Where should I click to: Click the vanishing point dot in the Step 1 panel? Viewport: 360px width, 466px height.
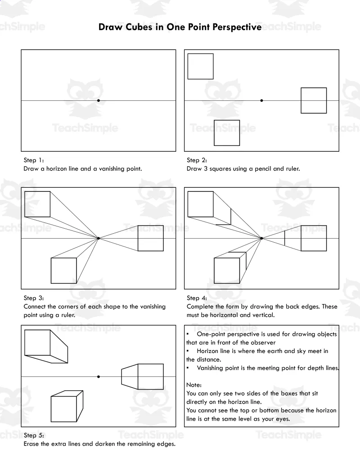point(99,100)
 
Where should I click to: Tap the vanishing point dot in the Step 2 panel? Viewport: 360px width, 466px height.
point(261,100)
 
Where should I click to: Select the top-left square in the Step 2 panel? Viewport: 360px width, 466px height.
point(200,66)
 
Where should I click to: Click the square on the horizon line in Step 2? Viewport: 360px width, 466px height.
point(314,100)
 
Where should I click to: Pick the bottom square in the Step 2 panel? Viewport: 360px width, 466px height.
point(227,133)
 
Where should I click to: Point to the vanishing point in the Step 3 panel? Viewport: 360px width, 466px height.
point(99,238)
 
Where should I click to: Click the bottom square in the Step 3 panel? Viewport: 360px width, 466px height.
point(64,271)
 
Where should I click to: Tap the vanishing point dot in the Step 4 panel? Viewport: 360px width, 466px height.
point(261,238)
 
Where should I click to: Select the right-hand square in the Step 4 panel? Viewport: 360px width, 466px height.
point(314,238)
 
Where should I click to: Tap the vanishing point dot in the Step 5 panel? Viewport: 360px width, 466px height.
point(99,376)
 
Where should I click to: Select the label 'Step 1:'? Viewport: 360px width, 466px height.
point(34,160)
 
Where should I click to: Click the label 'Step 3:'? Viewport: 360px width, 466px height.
point(34,298)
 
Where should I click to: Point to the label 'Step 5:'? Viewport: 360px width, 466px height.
point(34,435)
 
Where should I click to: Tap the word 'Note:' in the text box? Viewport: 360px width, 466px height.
point(194,385)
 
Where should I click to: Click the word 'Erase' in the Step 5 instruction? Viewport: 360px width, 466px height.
point(31,444)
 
